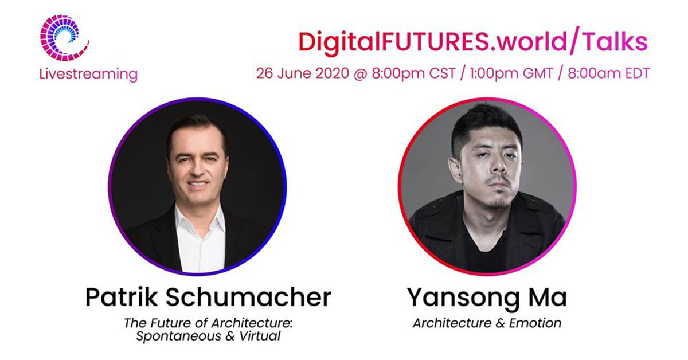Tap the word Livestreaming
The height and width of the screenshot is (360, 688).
(x=88, y=75)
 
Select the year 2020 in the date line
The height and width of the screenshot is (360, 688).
(x=333, y=73)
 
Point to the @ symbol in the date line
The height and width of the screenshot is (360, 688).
(x=361, y=74)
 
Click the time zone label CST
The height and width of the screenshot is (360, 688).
(x=442, y=73)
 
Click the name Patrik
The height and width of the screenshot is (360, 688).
(x=122, y=297)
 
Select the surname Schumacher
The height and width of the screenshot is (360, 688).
(x=248, y=297)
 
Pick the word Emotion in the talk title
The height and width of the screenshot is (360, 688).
(x=535, y=323)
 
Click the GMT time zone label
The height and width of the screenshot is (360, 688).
(x=538, y=73)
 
